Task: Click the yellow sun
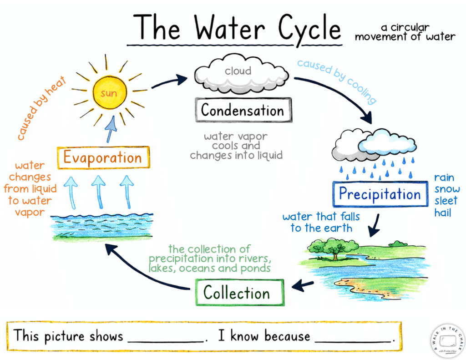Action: [109, 93]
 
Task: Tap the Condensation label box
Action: [243, 110]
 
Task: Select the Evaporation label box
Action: [102, 158]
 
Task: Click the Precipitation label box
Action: [380, 194]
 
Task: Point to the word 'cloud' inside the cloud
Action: [238, 71]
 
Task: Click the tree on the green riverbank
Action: [335, 249]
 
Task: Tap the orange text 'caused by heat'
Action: [41, 108]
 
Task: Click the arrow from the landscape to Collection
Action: [303, 286]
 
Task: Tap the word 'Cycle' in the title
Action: [309, 28]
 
